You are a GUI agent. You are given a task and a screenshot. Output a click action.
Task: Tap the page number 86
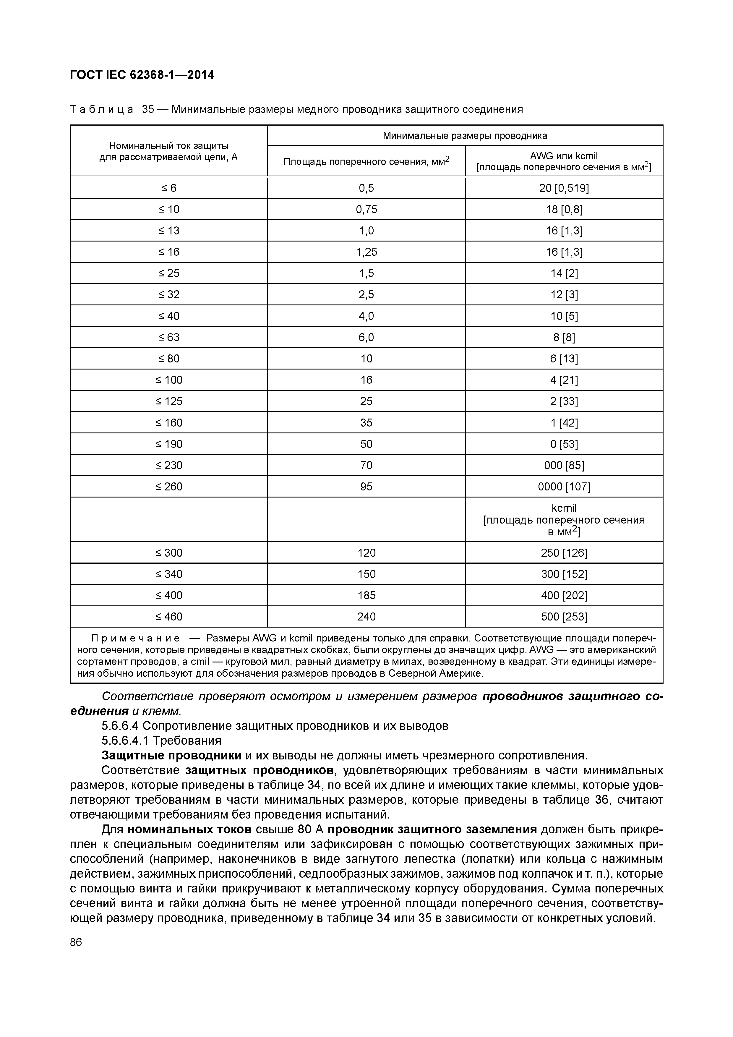pyautogui.click(x=76, y=942)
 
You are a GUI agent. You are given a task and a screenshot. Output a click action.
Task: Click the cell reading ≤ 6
pyautogui.click(x=169, y=188)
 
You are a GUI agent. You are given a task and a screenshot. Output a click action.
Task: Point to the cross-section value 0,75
pyautogui.click(x=366, y=209)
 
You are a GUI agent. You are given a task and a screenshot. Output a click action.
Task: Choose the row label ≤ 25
pyautogui.click(x=169, y=273)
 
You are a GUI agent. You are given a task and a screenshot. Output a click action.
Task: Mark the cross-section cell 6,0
pyautogui.click(x=366, y=337)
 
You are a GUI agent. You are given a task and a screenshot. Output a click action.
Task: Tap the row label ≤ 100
pyautogui.click(x=169, y=380)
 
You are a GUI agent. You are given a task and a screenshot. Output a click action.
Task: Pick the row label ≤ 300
pyautogui.click(x=169, y=553)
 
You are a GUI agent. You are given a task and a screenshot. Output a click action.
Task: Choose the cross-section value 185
pyautogui.click(x=366, y=595)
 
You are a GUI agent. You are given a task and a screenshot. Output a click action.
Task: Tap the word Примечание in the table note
pyautogui.click(x=135, y=638)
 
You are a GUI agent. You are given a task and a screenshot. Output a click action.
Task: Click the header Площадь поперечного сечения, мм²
pyautogui.click(x=366, y=161)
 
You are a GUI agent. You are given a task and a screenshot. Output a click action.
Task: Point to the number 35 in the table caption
pyautogui.click(x=148, y=109)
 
